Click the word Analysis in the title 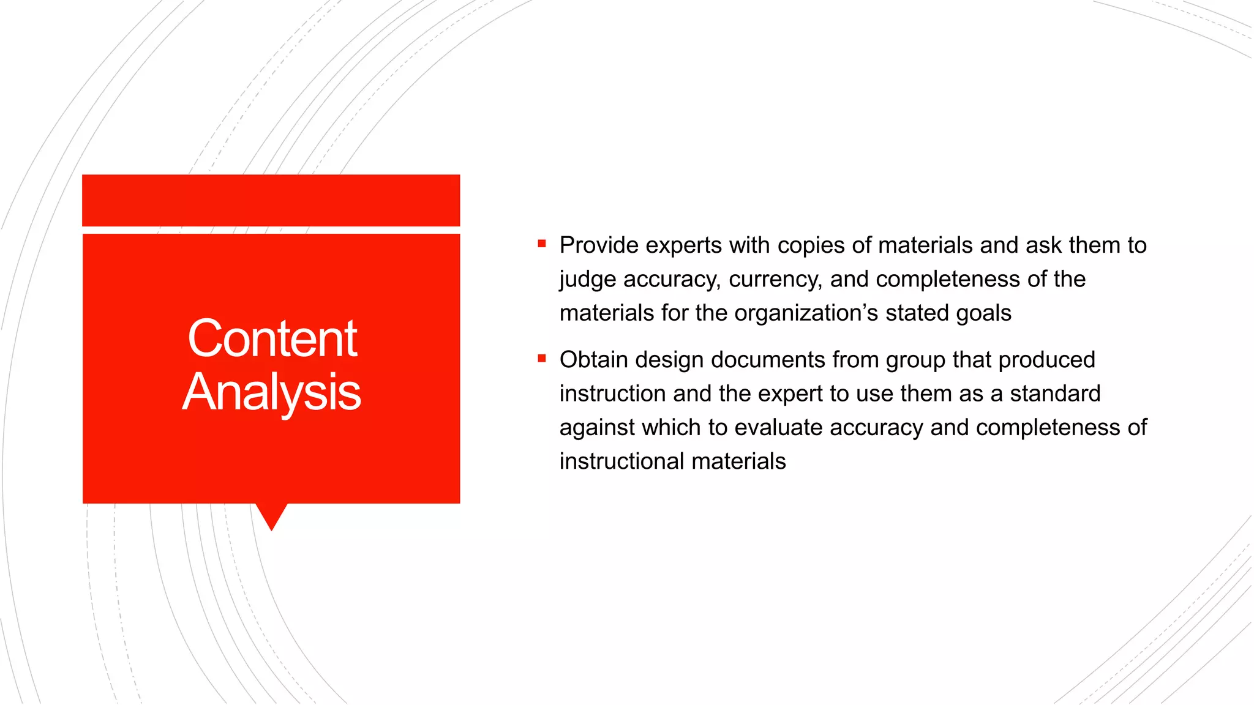click(272, 392)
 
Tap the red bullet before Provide click(541, 244)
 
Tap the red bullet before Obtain click(541, 358)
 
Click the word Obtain click(593, 360)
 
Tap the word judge click(588, 280)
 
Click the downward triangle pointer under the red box click(271, 515)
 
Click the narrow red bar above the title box click(271, 200)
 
